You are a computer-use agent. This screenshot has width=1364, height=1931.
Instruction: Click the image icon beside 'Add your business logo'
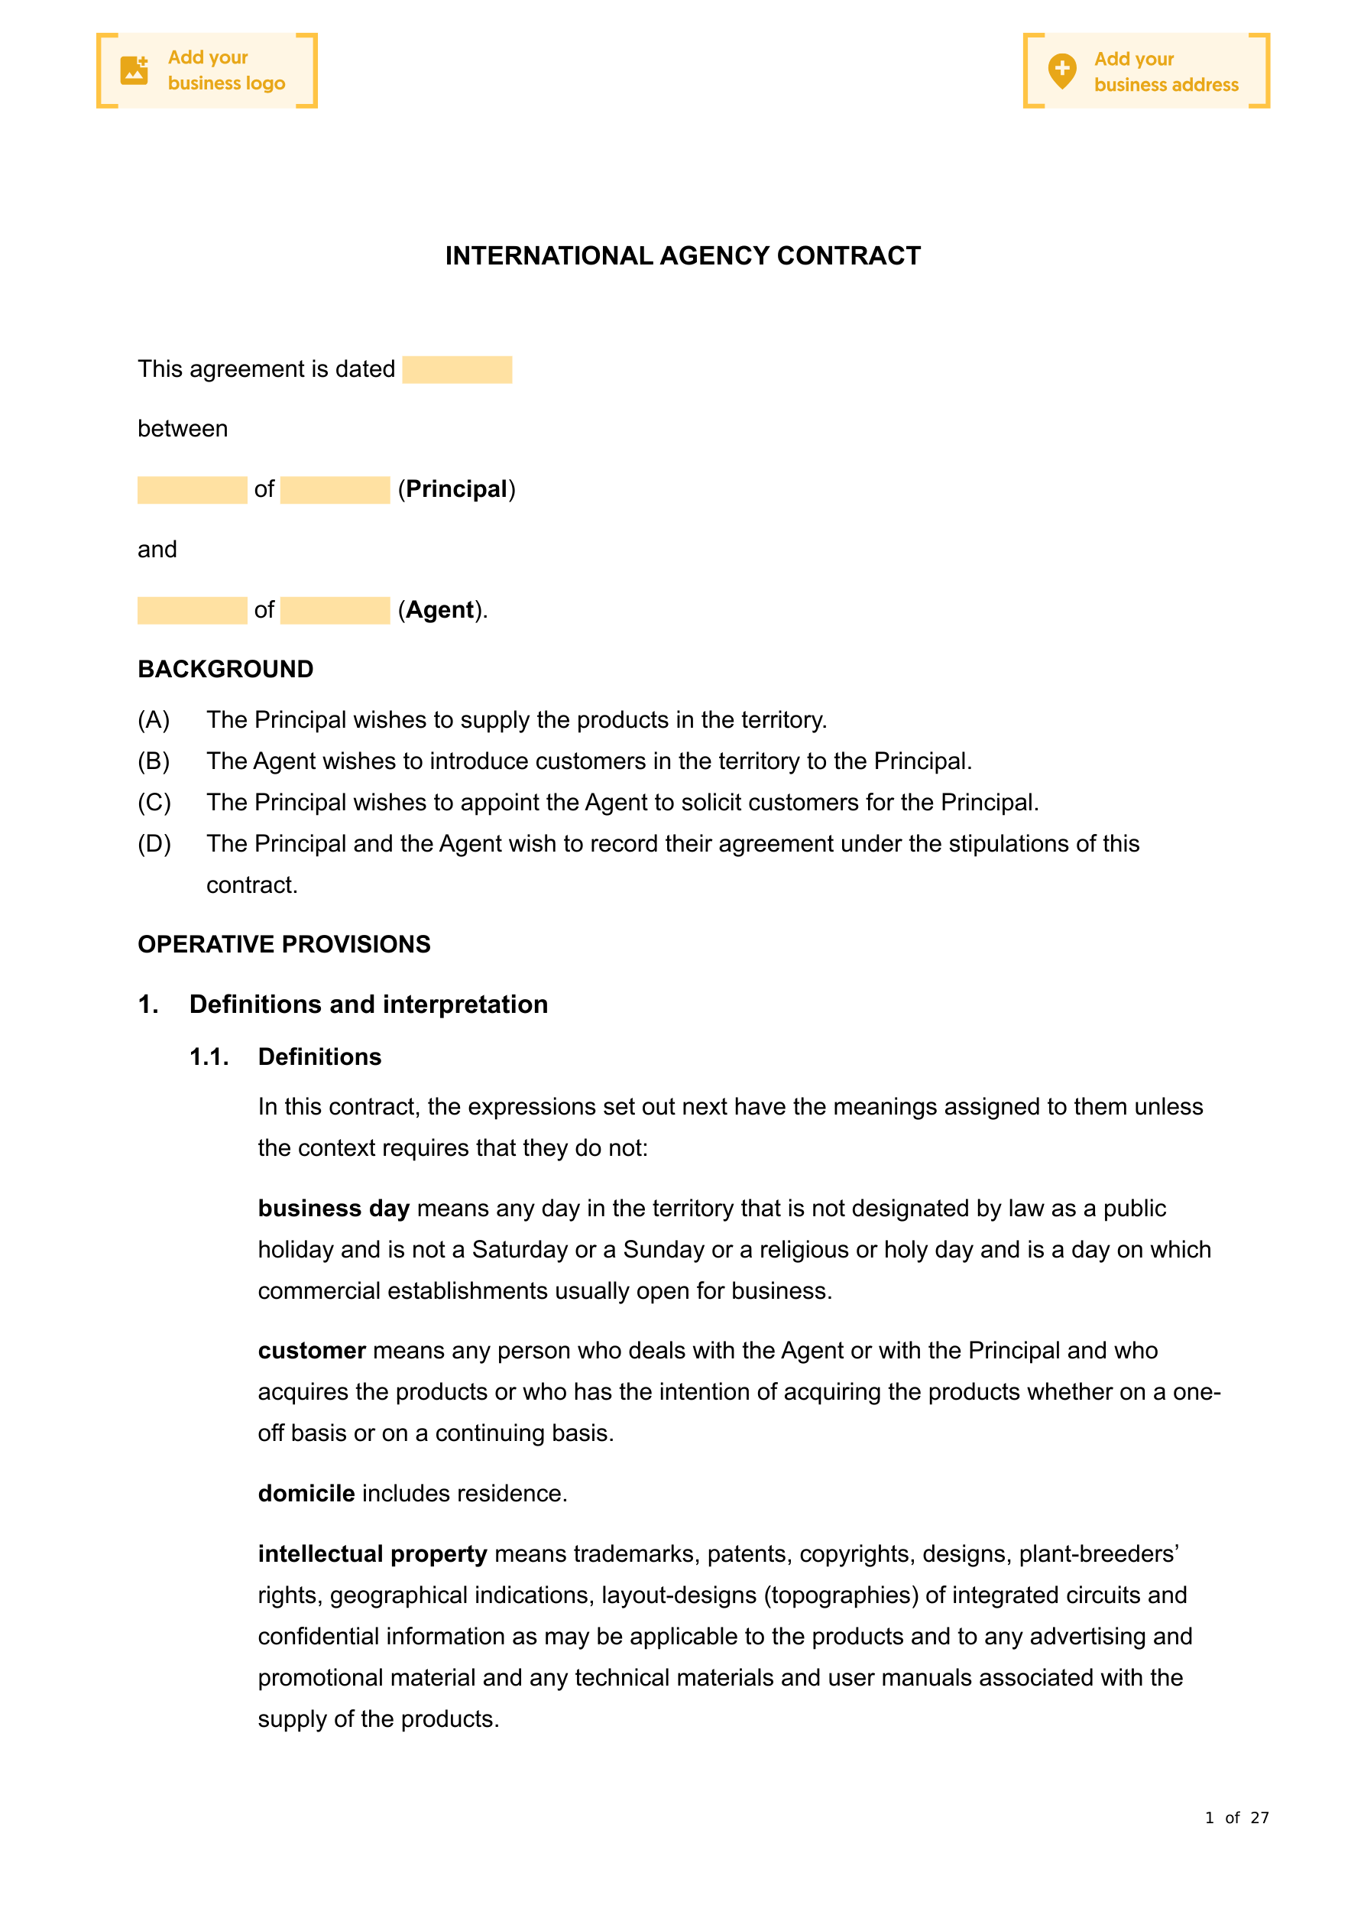click(134, 70)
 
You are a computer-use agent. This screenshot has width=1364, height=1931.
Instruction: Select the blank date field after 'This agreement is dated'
click(457, 370)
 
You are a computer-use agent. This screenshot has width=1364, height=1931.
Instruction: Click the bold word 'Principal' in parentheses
click(457, 489)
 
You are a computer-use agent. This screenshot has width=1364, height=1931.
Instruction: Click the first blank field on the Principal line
click(192, 490)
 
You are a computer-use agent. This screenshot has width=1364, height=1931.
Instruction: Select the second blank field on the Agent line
click(335, 611)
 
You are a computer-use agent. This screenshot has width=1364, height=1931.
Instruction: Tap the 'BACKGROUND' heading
click(225, 670)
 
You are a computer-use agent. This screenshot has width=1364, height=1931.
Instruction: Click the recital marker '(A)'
click(154, 720)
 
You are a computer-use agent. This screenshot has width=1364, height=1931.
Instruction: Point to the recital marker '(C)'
click(154, 803)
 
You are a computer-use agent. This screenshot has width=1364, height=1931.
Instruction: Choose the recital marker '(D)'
click(154, 843)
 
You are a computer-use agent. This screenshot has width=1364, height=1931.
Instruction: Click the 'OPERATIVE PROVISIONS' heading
click(284, 944)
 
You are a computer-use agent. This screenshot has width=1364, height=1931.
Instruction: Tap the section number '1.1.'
click(209, 1057)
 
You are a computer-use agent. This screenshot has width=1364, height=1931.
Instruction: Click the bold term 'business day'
click(334, 1209)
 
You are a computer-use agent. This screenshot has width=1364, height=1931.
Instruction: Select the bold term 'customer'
click(312, 1351)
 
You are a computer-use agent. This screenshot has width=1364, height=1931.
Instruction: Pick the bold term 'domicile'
click(306, 1494)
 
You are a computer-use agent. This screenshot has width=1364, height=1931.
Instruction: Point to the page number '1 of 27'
click(1236, 1819)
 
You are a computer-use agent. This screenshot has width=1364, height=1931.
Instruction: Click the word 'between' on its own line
click(183, 429)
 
